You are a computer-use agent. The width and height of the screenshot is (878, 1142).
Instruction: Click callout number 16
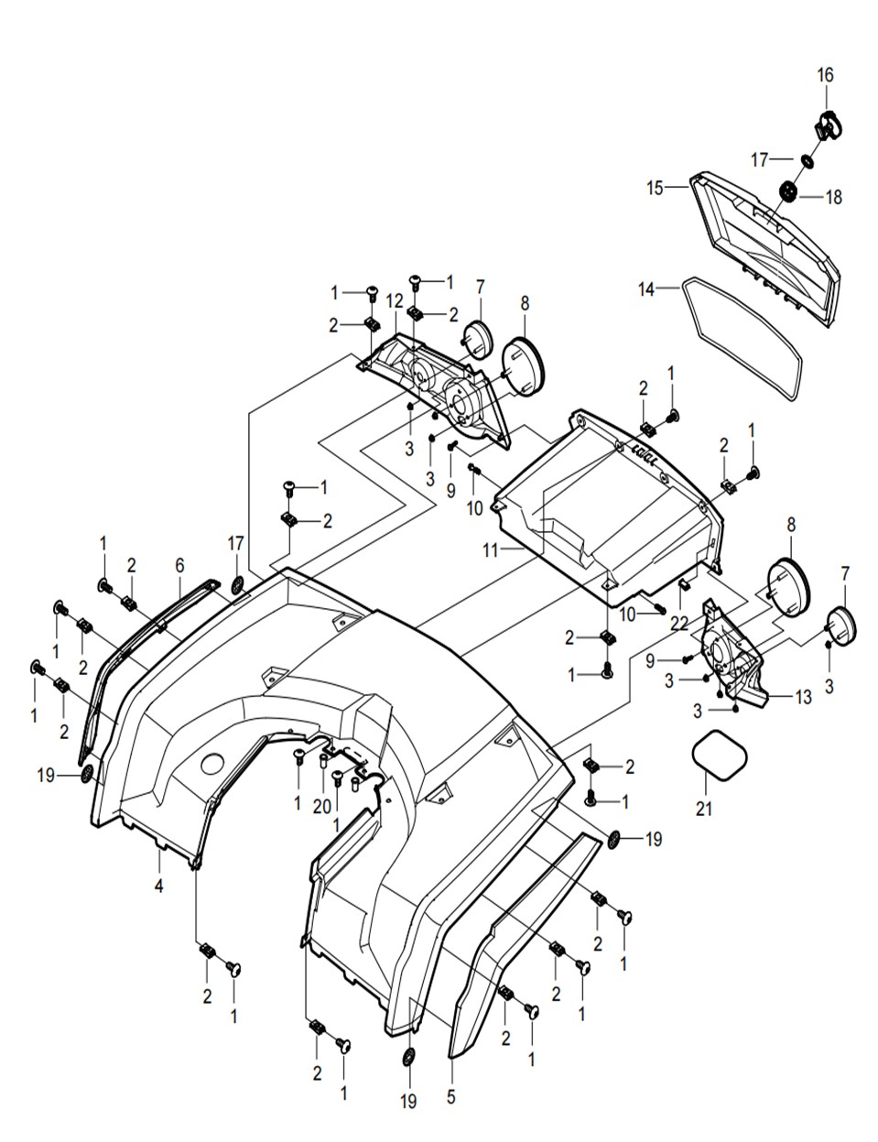tap(825, 75)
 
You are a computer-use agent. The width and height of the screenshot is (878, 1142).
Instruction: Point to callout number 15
tap(656, 188)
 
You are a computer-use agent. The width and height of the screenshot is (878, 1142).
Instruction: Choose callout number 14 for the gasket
tap(646, 289)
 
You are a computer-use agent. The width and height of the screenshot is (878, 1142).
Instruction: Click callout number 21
tap(703, 809)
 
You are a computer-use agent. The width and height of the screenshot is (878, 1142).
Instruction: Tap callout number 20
tap(321, 806)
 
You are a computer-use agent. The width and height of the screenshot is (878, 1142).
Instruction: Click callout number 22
tap(679, 624)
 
